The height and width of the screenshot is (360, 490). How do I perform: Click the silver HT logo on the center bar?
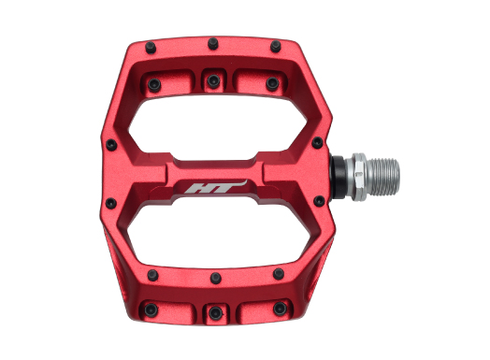[x=216, y=187]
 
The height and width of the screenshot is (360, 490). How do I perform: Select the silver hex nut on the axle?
[x=359, y=177]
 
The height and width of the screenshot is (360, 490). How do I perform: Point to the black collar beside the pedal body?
[x=339, y=177]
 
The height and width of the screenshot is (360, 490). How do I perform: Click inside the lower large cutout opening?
[x=218, y=236]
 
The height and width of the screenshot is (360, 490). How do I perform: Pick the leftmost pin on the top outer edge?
[x=151, y=48]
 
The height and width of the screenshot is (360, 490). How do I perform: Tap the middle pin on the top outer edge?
[x=213, y=43]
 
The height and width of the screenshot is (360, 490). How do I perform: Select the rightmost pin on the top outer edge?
[x=276, y=46]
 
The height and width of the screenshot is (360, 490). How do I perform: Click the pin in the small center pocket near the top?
[x=213, y=81]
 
